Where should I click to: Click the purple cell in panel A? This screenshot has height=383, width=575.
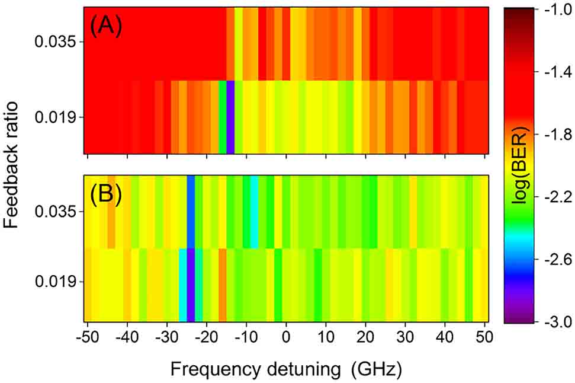[230, 117]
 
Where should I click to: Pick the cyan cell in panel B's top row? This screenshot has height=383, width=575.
[254, 212]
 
